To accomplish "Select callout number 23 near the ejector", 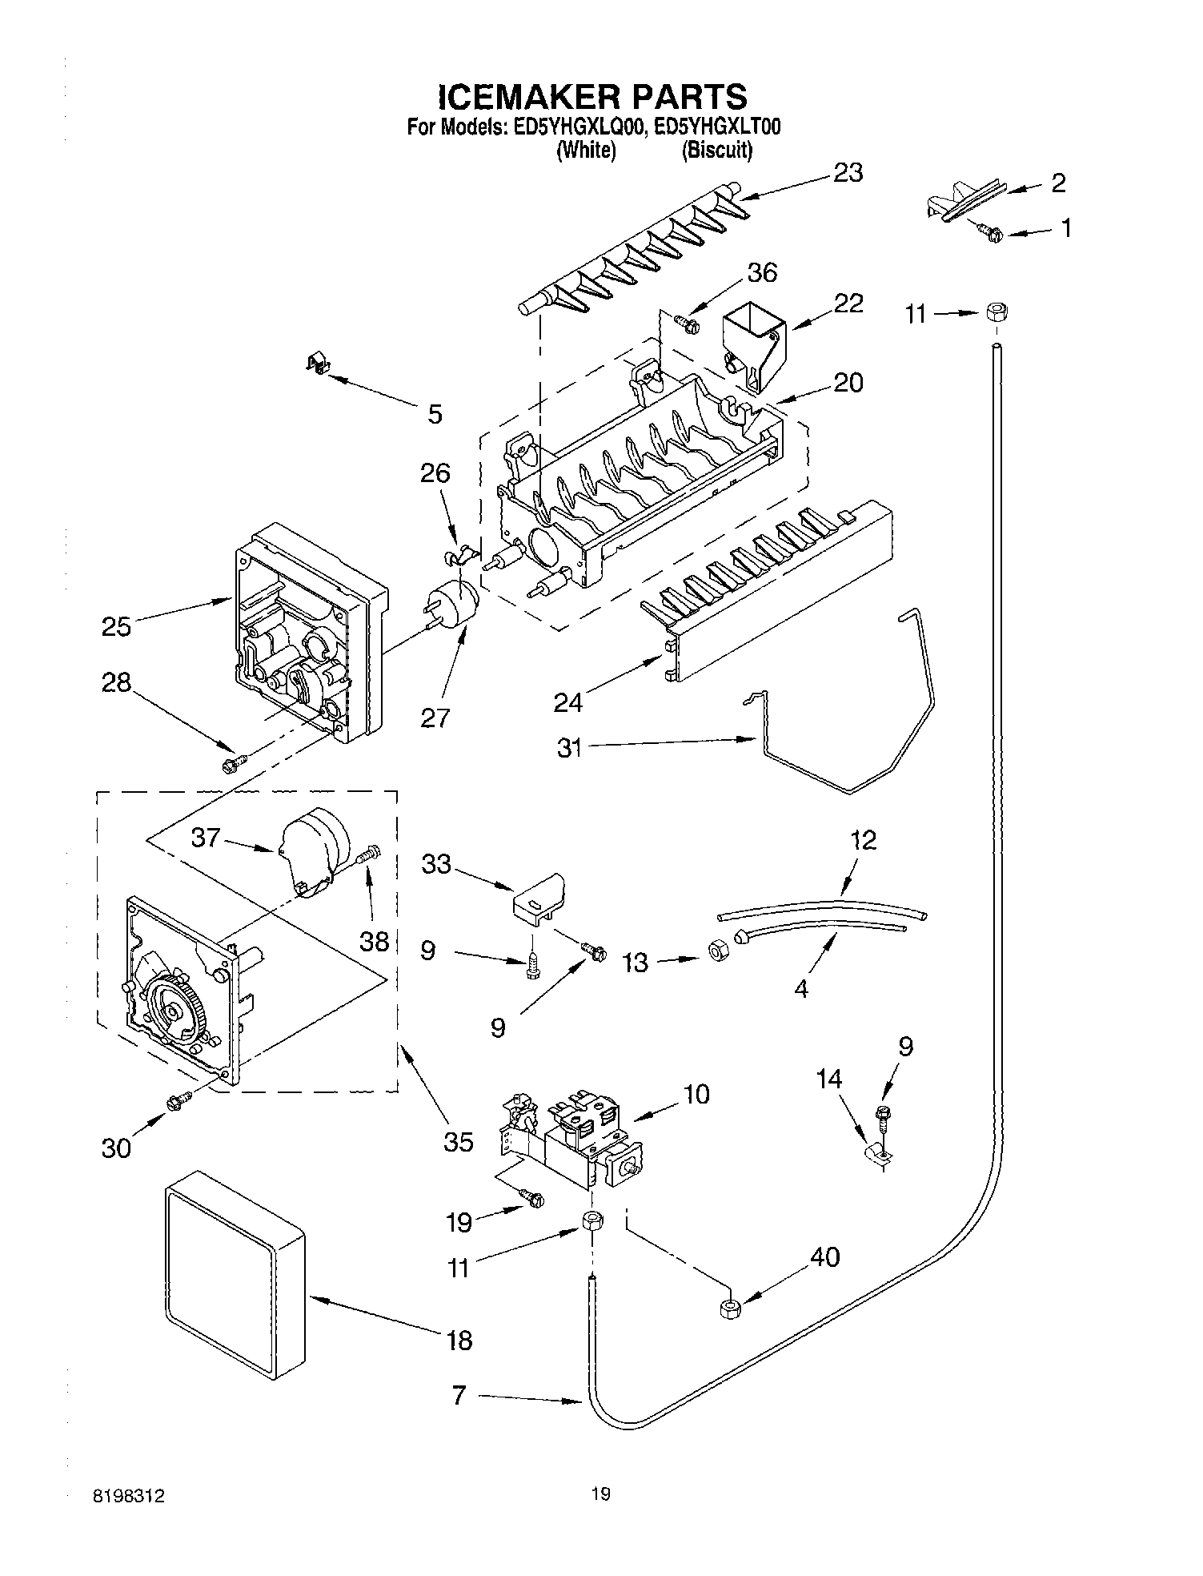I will click(x=848, y=173).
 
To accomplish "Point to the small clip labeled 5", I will click(x=319, y=364).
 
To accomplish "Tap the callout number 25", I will click(x=116, y=625).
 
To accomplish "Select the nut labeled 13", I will click(x=717, y=949).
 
